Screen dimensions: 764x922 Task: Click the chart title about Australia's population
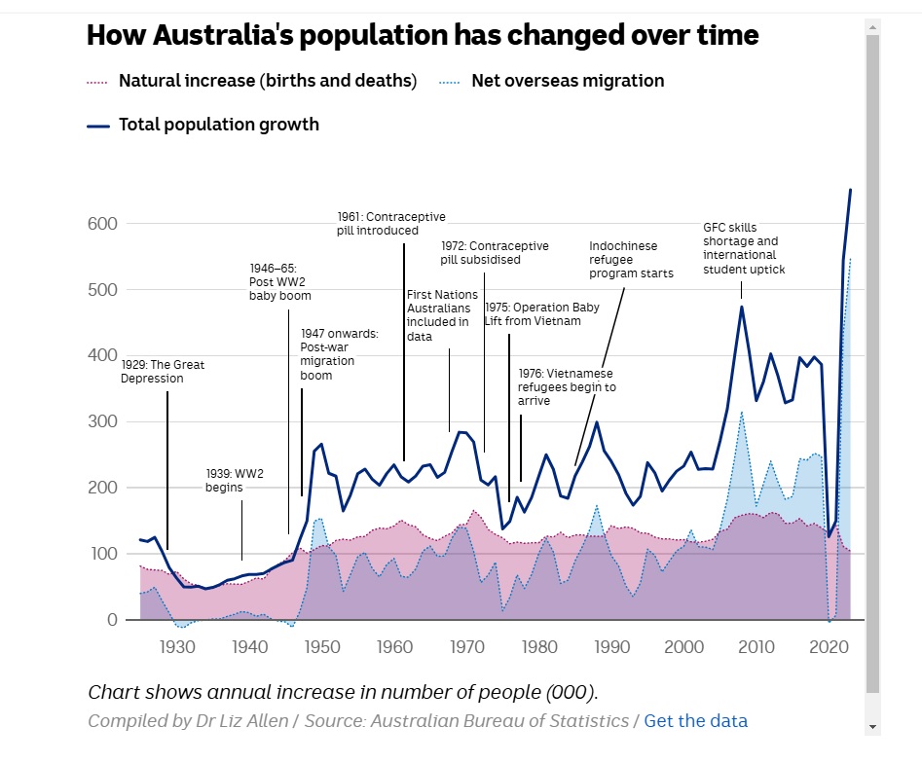(x=423, y=35)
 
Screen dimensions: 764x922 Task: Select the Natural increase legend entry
(x=267, y=81)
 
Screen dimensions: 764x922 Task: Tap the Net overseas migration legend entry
(x=567, y=81)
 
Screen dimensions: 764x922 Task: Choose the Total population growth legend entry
(x=218, y=125)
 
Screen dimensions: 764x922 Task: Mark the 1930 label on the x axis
(x=175, y=648)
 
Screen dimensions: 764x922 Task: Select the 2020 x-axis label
(x=829, y=648)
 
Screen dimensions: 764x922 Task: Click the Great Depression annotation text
(x=163, y=372)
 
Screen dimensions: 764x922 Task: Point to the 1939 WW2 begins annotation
(x=234, y=480)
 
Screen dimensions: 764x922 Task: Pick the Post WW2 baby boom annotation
(x=279, y=281)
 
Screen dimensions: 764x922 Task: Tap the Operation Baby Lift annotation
(x=541, y=313)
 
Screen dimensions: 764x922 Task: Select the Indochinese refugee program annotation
(x=630, y=260)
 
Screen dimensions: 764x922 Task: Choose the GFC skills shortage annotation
(x=743, y=248)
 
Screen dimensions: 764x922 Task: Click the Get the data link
(x=695, y=721)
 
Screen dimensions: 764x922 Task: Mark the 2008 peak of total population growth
(x=741, y=307)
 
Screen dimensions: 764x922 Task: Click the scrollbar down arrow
(x=872, y=726)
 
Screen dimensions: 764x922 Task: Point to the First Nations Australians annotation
(x=441, y=315)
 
